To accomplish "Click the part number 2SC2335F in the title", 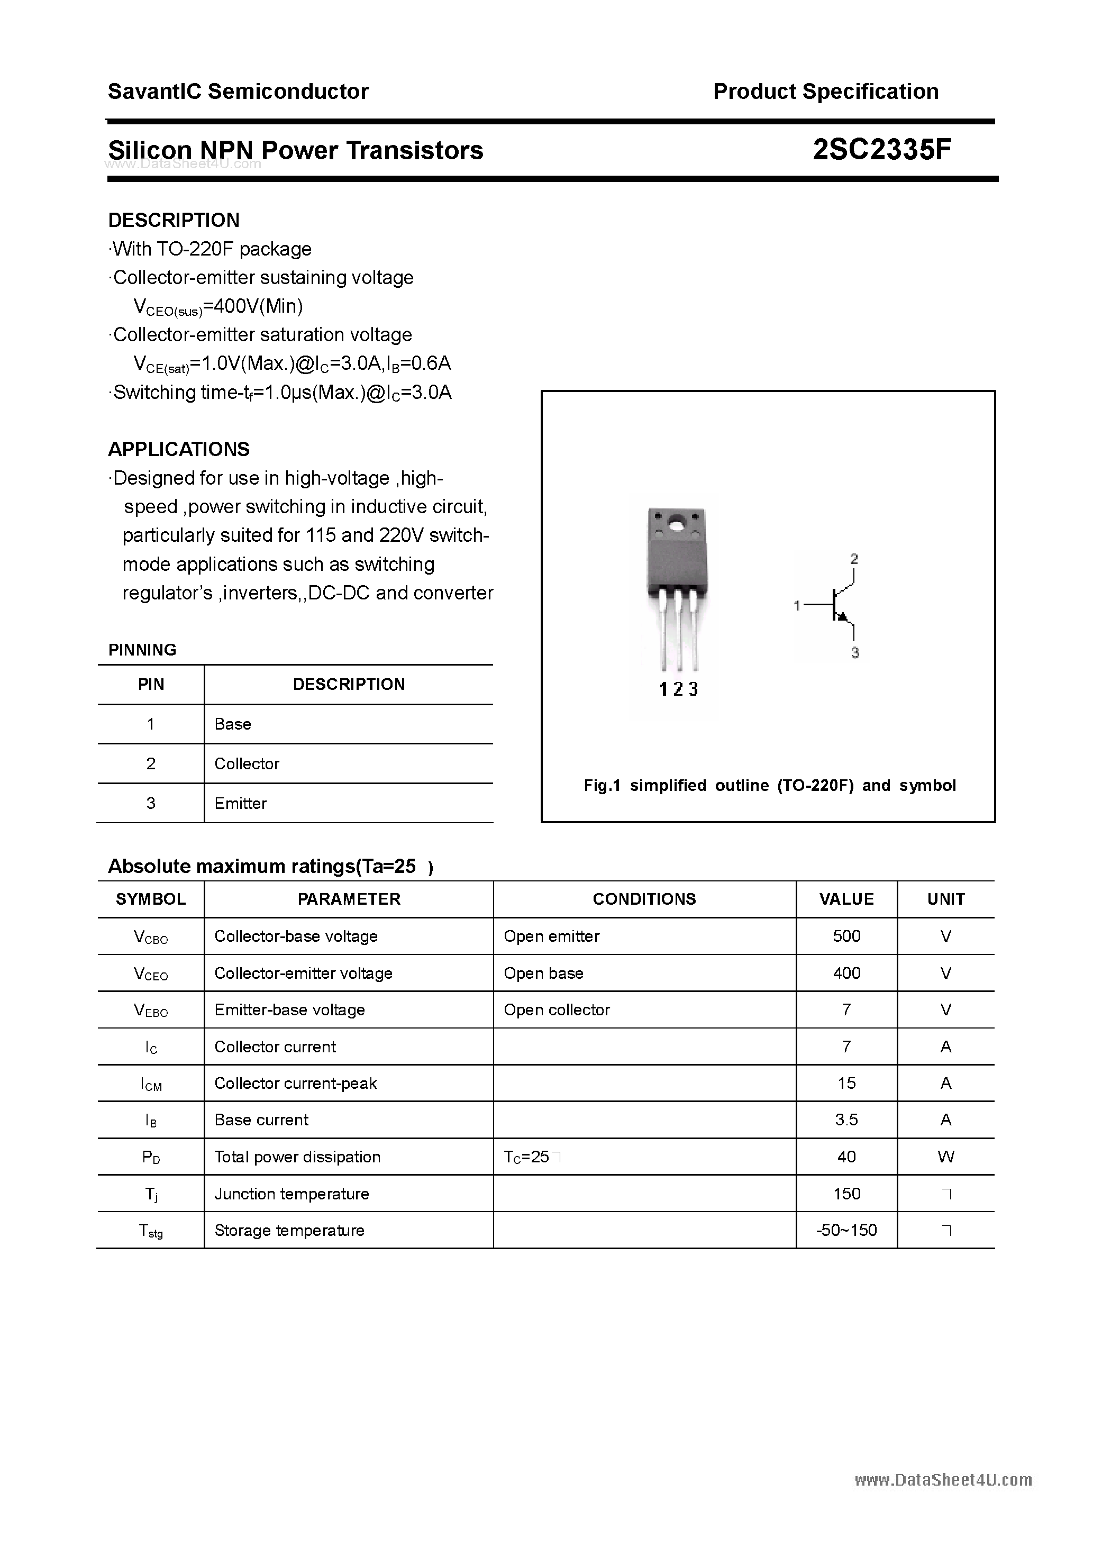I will point(881,150).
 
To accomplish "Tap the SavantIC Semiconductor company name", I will point(238,91).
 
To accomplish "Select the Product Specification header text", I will point(825,91).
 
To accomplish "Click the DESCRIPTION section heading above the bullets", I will point(174,220).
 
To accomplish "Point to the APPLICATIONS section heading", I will point(179,449).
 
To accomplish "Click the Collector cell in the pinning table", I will point(247,763).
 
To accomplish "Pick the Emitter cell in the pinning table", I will point(241,803).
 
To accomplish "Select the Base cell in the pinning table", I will point(232,724).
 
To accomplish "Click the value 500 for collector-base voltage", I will point(846,936).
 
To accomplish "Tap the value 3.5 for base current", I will point(846,1120).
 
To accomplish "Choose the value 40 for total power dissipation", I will point(846,1157).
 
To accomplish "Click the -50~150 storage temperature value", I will point(846,1230).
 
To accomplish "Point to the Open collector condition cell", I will point(557,1010).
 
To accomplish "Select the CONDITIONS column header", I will point(644,899).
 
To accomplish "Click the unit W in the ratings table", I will point(945,1157).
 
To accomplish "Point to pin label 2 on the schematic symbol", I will point(854,559).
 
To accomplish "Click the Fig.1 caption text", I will point(770,786).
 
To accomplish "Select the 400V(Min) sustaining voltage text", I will point(253,306).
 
